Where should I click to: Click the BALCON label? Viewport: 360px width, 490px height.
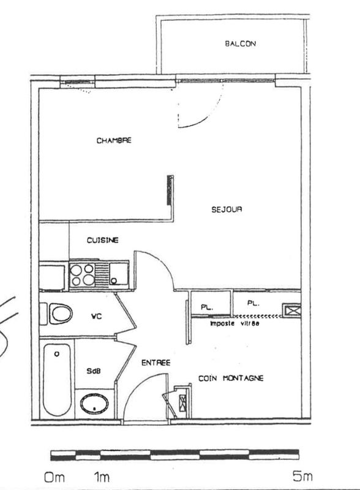coord(240,43)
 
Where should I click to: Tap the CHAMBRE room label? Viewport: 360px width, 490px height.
coord(114,140)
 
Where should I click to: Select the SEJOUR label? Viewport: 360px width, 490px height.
coord(227,209)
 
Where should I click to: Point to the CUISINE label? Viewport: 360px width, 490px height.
coord(102,240)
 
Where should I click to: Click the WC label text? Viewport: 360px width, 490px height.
coord(96,317)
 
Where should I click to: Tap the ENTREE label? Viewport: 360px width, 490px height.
coord(156,363)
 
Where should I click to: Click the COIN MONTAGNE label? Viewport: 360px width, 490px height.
coord(231,379)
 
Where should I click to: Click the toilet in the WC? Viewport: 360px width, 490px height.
coord(59,314)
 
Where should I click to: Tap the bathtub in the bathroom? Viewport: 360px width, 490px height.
coord(57,379)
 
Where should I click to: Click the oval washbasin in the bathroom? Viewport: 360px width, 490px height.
coord(95,404)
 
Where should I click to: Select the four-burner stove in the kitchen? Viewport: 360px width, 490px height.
coord(83,274)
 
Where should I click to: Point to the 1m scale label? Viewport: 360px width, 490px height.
coord(101,476)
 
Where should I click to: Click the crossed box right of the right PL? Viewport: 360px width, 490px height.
coord(291,310)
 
